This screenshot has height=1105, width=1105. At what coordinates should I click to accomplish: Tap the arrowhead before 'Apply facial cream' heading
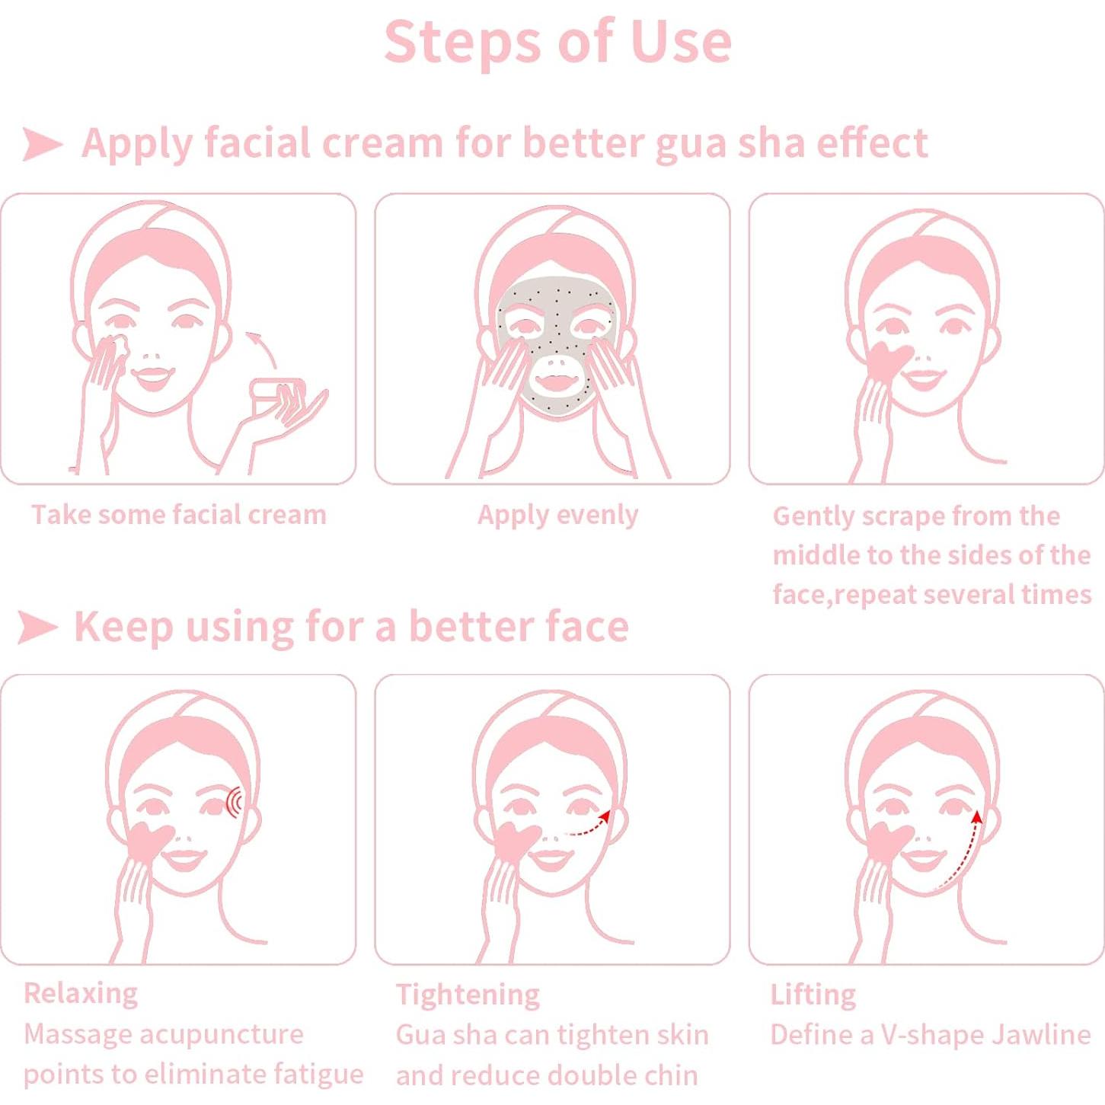point(42,144)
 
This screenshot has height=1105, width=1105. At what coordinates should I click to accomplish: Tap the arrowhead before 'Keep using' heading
point(37,627)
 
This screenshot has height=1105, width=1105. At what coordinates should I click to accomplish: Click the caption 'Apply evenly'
point(557,516)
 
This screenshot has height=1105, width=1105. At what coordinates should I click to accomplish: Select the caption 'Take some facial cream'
point(178,515)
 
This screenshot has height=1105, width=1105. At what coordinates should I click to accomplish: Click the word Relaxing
point(81,993)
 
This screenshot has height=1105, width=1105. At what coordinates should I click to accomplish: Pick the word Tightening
point(468,995)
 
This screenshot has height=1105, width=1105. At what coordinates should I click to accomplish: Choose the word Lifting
point(813,995)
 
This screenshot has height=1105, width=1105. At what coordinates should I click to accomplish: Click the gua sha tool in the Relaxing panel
point(148,840)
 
